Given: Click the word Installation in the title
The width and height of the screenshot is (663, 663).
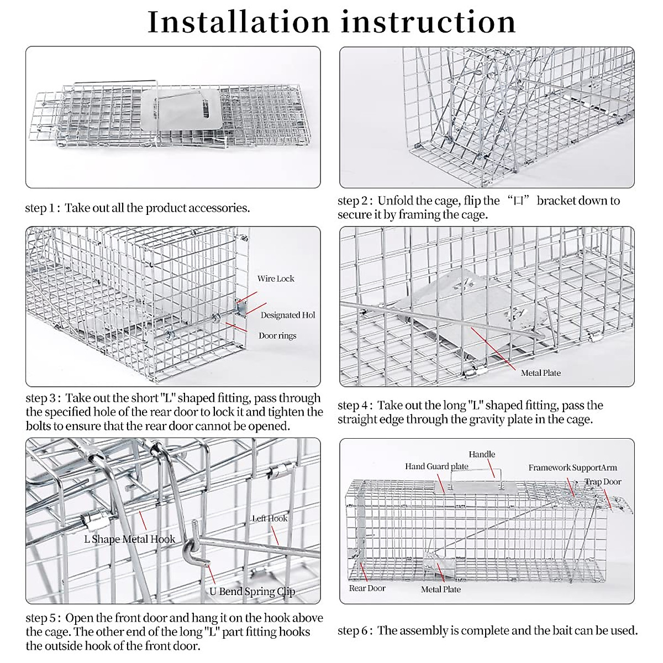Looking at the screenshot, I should point(239,22).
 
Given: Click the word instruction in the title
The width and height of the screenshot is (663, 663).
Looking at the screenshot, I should point(428,22).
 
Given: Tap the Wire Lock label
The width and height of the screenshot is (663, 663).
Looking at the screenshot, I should point(276,278).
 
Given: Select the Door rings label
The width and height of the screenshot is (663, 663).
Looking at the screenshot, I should point(277,335).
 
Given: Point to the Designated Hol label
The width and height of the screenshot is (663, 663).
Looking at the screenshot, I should point(288,315).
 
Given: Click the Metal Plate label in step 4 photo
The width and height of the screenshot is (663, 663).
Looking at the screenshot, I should point(540,373).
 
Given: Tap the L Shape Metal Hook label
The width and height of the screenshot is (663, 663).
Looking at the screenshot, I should point(129,539).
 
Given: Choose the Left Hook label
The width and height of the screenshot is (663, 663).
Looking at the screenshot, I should point(270,518).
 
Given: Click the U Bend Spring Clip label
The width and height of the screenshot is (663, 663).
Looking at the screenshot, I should point(252,591).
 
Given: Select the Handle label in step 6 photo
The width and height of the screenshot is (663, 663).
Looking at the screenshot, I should point(482,454).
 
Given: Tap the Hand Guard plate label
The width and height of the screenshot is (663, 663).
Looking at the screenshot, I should point(436,467).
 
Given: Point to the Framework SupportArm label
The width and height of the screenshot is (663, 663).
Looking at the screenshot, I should point(572,467).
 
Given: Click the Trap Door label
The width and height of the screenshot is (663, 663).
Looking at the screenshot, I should point(603,482).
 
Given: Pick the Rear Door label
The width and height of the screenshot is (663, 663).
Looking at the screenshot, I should point(367,588).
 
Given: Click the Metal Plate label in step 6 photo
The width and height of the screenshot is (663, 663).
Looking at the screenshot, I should point(440,589).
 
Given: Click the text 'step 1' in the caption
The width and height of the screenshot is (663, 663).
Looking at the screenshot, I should point(40,208).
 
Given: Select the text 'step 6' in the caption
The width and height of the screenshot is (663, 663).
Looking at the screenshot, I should point(353,630).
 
